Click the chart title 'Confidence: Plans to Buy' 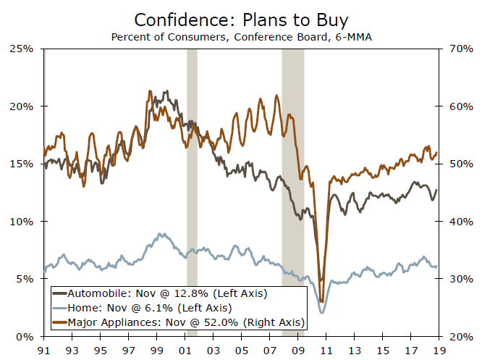click(240, 20)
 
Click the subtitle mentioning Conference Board click(240, 36)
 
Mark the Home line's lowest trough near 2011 click(321, 312)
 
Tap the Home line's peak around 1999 click(161, 234)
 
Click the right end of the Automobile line click(436, 190)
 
